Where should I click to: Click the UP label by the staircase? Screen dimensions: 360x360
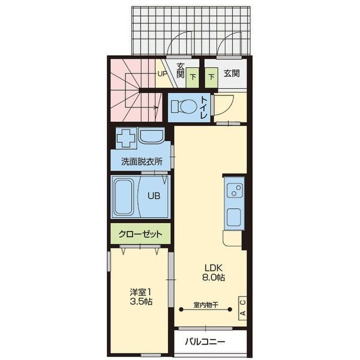point(161,74)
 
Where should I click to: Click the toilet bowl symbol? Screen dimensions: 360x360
point(183,107)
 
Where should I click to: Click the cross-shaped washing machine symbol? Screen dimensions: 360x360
point(125,139)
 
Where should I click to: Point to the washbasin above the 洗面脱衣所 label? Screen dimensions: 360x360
point(151,137)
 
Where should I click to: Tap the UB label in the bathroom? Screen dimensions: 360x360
point(154,195)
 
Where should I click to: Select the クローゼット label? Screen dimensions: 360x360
point(140,233)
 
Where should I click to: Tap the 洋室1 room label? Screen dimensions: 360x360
point(139,292)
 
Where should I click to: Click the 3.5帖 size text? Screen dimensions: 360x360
point(139,302)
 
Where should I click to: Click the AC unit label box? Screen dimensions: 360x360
point(242,307)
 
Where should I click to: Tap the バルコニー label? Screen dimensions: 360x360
point(205,342)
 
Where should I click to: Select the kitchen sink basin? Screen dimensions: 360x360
point(234,217)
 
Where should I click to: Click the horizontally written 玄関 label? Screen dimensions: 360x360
point(232,73)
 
